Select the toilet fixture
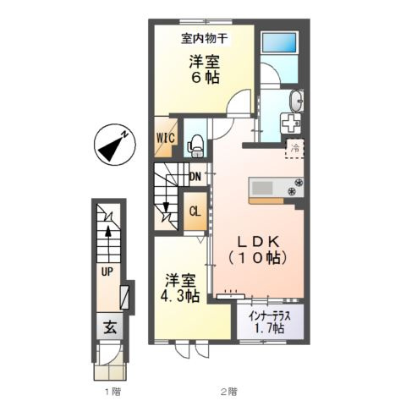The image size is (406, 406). tap(195, 145)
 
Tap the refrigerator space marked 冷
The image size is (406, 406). tap(296, 149)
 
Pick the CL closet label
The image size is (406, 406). tap(194, 212)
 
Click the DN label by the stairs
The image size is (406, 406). tap(195, 177)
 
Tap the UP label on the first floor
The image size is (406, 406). tap(107, 272)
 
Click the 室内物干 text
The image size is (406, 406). tap(204, 37)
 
